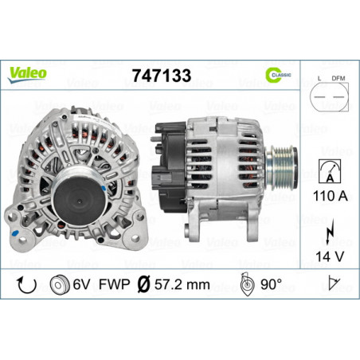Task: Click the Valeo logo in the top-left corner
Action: pos(28,72)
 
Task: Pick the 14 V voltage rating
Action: pos(328,256)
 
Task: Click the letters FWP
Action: pos(116,284)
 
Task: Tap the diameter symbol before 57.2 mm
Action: pos(143,284)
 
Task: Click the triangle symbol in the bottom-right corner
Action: pos(336,284)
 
